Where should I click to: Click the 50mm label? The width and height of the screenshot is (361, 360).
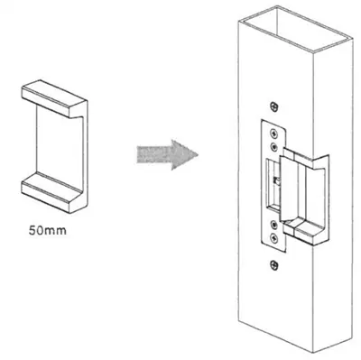click(48, 231)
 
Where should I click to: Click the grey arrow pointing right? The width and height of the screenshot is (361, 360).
click(167, 154)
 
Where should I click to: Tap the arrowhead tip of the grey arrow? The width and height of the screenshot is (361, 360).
click(199, 155)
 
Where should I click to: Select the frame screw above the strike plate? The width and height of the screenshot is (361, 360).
click(273, 106)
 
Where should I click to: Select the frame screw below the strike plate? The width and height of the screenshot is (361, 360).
click(273, 264)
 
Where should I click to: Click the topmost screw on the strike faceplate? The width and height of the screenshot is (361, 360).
click(273, 133)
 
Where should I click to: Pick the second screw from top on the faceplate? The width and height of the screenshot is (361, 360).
click(273, 147)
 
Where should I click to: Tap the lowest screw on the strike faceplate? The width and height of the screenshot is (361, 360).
click(273, 238)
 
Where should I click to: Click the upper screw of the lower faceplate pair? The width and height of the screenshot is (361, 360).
click(273, 224)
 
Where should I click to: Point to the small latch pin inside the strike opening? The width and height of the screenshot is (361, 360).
click(277, 180)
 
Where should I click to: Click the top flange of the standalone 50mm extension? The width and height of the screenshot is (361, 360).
click(55, 98)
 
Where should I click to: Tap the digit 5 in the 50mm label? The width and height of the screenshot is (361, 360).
click(32, 231)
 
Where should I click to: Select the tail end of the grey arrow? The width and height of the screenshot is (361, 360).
click(137, 154)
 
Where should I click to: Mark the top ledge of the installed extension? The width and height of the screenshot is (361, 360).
click(304, 157)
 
